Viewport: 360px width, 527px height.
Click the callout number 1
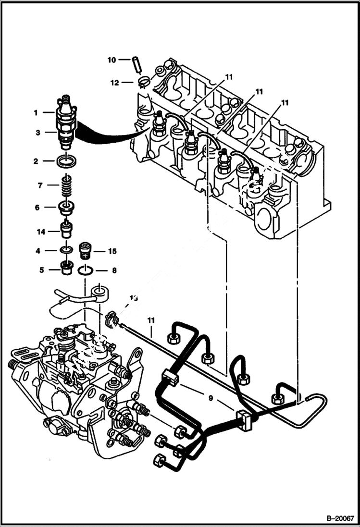point(35,112)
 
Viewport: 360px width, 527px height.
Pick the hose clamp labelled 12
point(142,82)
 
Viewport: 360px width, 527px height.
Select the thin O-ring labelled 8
point(86,270)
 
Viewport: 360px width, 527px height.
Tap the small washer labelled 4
point(67,250)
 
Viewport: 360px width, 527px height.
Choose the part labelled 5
point(67,267)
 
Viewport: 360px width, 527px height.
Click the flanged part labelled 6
point(67,208)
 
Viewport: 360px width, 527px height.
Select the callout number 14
point(41,232)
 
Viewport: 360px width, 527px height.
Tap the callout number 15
point(112,251)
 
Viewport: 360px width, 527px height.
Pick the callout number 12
point(114,82)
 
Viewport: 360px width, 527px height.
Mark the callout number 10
point(112,60)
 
